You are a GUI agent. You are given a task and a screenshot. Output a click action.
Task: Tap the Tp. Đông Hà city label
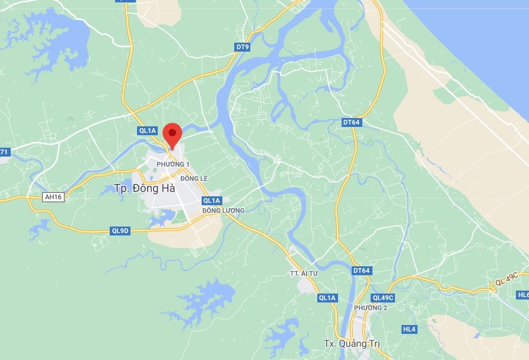[x=137, y=189]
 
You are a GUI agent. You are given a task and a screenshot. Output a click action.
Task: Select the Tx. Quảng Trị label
[x=351, y=344]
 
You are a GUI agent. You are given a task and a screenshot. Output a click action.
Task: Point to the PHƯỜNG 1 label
[x=173, y=164]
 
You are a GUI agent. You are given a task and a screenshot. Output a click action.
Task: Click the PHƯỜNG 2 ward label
[x=371, y=308]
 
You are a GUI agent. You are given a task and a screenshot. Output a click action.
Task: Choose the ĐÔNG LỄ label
[x=194, y=179]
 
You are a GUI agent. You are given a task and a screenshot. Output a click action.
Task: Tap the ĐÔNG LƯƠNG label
[x=223, y=211]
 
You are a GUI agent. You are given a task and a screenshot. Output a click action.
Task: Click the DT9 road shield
[x=243, y=47]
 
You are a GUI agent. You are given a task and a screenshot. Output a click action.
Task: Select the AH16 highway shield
[x=53, y=197]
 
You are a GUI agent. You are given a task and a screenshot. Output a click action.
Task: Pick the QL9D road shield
[x=120, y=231]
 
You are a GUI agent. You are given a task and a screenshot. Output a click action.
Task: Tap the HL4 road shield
[x=409, y=329]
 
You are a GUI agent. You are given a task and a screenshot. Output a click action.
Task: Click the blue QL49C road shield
[x=383, y=298]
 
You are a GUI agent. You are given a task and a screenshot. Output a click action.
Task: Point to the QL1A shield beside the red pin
[x=147, y=130]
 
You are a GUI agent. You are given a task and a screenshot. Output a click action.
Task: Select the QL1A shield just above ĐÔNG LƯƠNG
[x=212, y=200]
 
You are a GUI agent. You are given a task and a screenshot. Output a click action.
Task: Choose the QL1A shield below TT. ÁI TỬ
[x=327, y=298]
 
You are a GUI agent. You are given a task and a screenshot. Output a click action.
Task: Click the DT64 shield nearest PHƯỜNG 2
[x=361, y=270]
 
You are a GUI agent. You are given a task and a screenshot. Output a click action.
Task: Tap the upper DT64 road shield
[x=352, y=122]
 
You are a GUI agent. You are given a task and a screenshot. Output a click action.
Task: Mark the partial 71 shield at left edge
[x=4, y=152]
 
